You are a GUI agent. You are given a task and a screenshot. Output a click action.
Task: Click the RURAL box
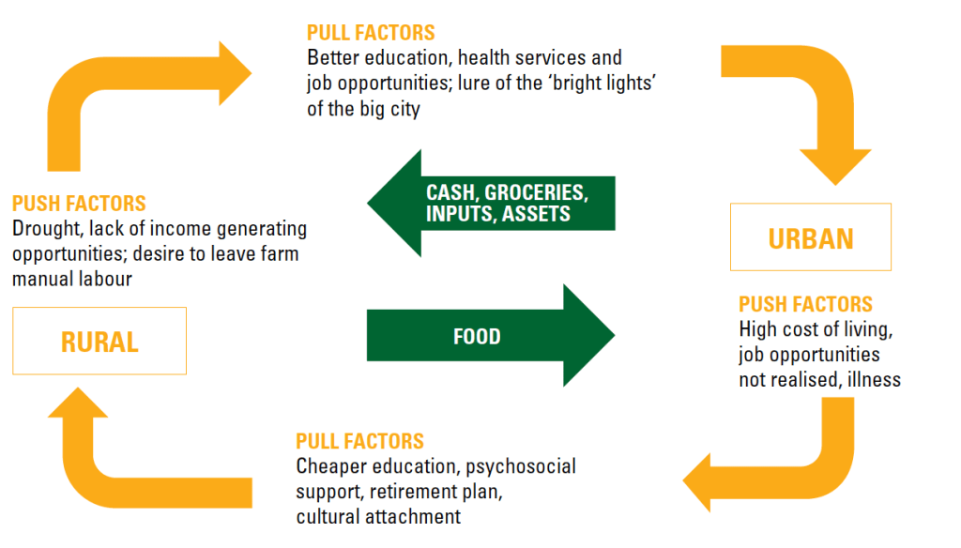click(x=99, y=341)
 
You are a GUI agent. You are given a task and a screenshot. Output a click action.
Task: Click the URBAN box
click(x=811, y=237)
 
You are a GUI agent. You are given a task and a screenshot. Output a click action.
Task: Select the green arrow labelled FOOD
click(x=488, y=335)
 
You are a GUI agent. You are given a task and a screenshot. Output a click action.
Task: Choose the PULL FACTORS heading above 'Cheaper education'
click(x=359, y=441)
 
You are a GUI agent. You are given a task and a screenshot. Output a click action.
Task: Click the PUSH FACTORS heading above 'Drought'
click(x=79, y=204)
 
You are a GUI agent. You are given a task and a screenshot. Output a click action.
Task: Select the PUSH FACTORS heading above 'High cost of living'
click(x=805, y=305)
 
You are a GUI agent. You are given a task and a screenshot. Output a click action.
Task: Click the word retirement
click(x=415, y=491)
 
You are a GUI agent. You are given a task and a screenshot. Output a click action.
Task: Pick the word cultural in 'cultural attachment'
click(x=328, y=516)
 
